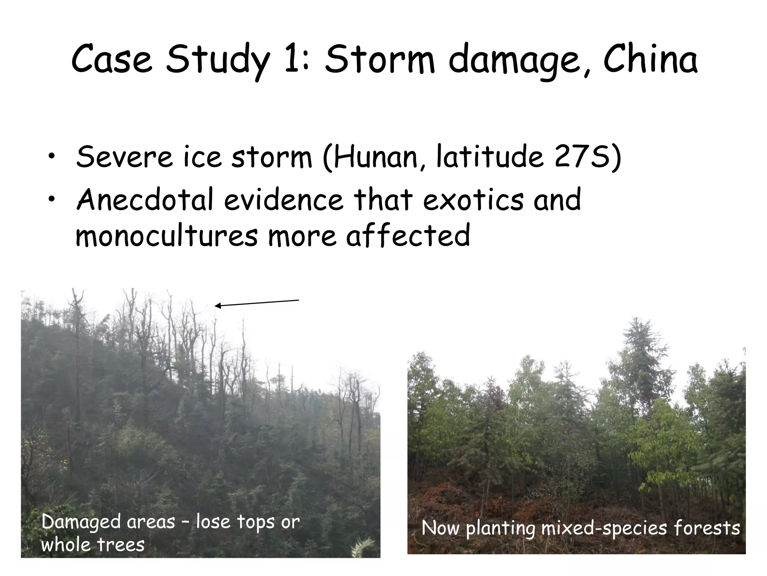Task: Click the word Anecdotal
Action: coord(145,199)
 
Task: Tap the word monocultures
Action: coord(167,235)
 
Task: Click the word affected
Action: coord(408,235)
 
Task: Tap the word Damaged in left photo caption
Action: coord(81,522)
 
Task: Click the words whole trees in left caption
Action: coord(93,545)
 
